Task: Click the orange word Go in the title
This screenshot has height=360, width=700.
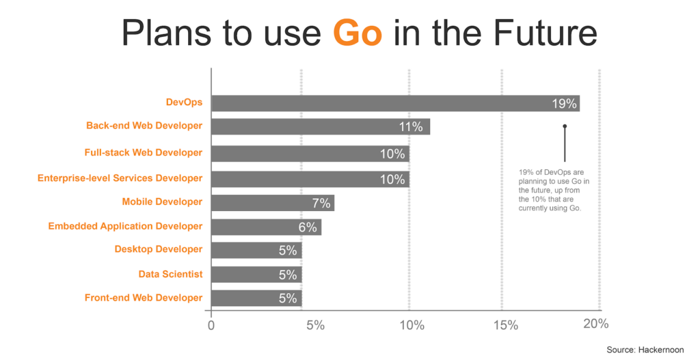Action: click(358, 33)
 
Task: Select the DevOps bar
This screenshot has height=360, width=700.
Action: click(395, 103)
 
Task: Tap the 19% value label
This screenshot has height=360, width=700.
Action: click(565, 104)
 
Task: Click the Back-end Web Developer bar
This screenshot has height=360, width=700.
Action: click(321, 126)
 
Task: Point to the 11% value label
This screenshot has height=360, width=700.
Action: click(412, 127)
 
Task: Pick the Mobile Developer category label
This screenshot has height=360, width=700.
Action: click(162, 202)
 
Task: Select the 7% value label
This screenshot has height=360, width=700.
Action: click(321, 203)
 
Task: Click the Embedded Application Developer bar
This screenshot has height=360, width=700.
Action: click(266, 227)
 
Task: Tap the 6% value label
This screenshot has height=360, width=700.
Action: click(308, 227)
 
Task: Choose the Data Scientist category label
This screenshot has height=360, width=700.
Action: click(170, 274)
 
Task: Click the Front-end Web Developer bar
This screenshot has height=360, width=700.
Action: click(256, 298)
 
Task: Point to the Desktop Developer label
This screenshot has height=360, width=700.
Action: click(159, 249)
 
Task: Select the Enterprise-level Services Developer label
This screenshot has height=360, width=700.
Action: click(120, 178)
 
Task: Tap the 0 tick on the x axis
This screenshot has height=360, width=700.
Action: click(211, 325)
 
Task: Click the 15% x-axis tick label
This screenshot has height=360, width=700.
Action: click(505, 325)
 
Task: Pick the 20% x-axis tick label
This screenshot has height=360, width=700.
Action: click(595, 324)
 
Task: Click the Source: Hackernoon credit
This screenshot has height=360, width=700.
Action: click(645, 350)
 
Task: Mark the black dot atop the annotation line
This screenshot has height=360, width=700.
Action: click(565, 126)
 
